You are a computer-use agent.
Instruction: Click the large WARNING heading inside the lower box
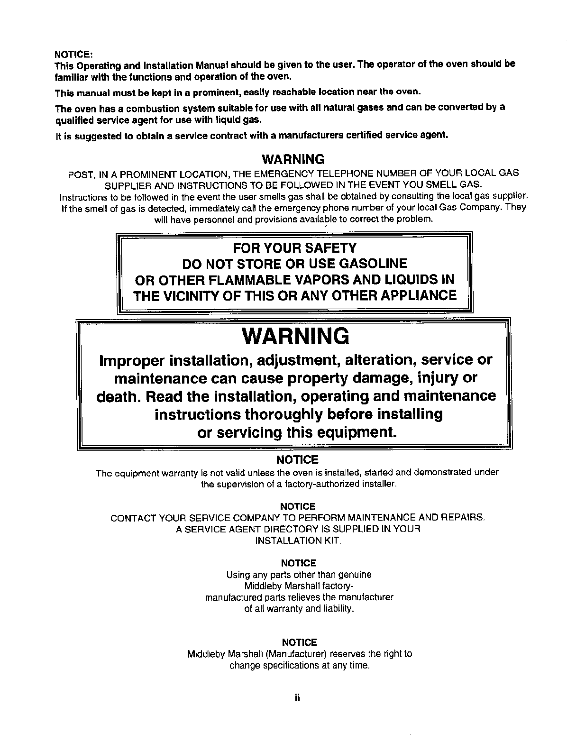(295, 337)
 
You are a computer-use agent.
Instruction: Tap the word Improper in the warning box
(130, 360)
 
